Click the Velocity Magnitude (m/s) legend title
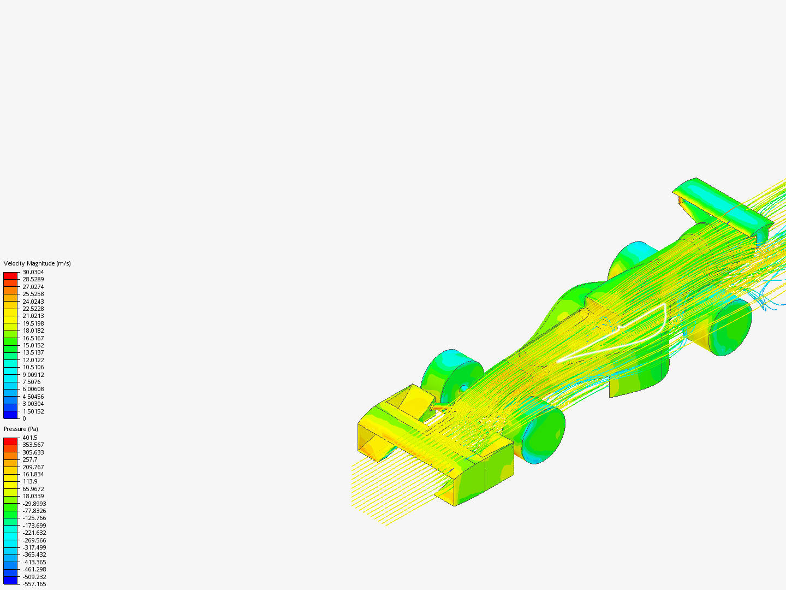[37, 263]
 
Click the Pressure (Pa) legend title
[21, 429]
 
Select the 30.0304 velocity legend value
[33, 272]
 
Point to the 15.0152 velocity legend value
[33, 345]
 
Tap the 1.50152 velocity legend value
[33, 411]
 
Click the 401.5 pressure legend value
[29, 438]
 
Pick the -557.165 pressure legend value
[34, 584]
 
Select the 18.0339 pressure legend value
[33, 496]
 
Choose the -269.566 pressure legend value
[34, 540]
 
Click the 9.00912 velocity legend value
[33, 375]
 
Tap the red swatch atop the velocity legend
[10, 276]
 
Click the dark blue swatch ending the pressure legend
[10, 580]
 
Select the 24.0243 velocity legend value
[33, 302]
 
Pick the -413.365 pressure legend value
[34, 562]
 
